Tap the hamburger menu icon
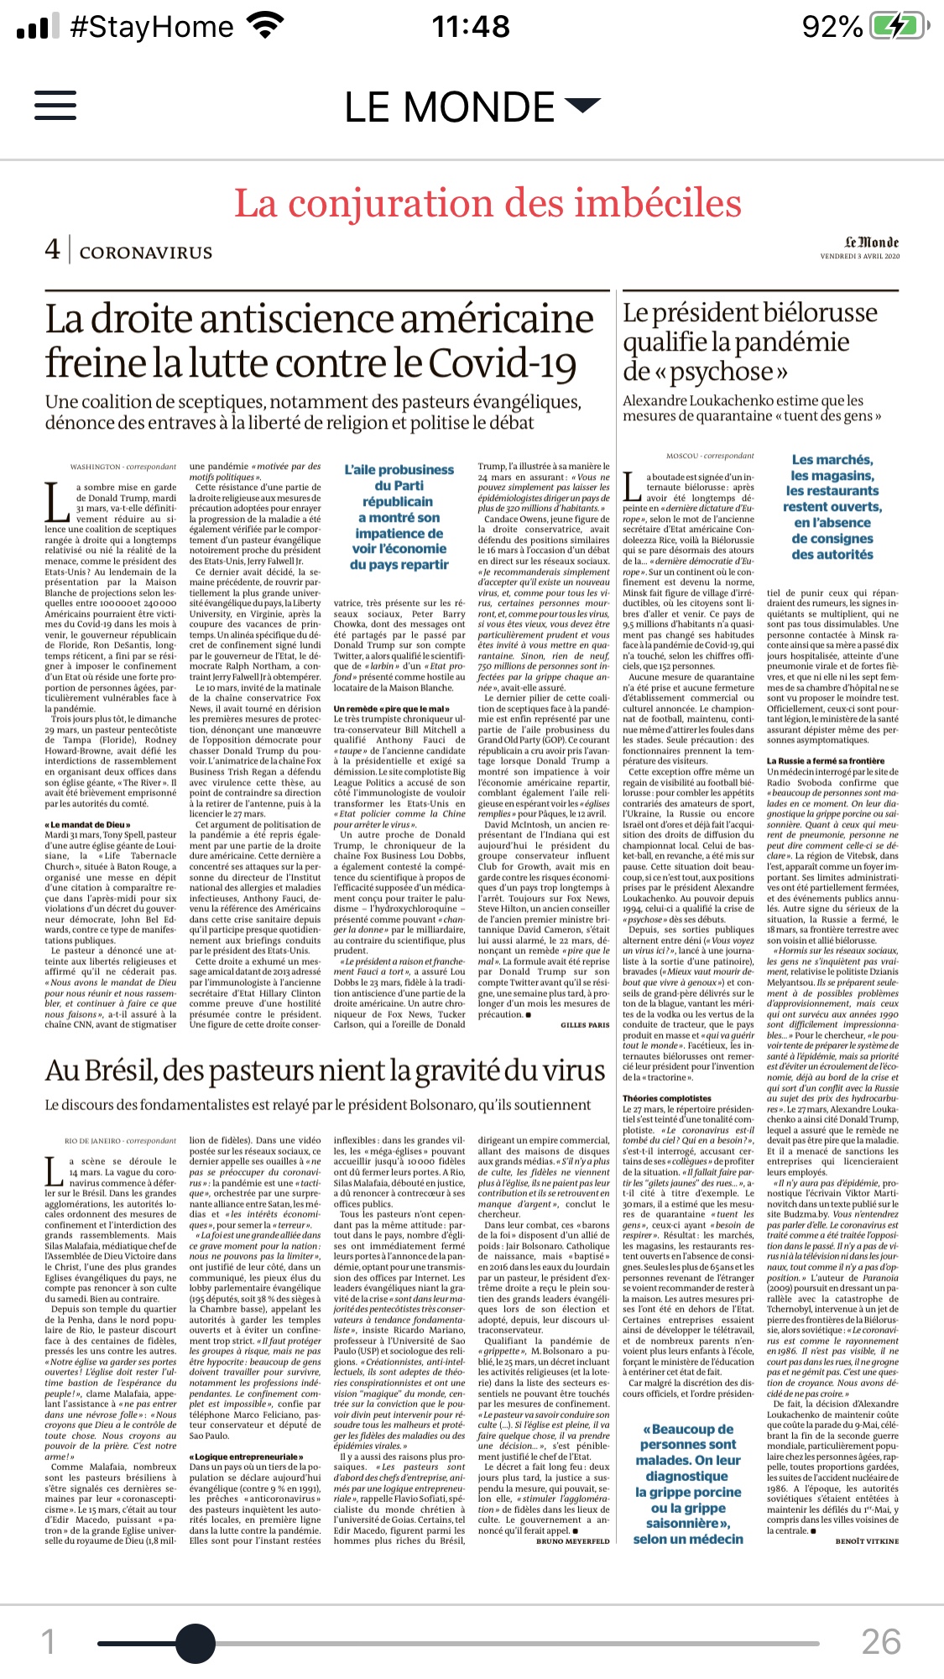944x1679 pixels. [55, 106]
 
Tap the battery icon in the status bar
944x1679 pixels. [899, 27]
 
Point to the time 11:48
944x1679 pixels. [471, 27]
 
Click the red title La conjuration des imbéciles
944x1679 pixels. [488, 204]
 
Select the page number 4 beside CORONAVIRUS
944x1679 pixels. [53, 249]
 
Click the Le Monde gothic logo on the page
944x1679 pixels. [871, 242]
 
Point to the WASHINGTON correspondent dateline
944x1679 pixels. [123, 467]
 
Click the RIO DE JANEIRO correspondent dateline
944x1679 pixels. [121, 1141]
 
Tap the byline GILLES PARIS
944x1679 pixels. [585, 1025]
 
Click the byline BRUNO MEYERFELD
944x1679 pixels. [573, 1541]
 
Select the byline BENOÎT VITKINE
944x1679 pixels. [866, 1541]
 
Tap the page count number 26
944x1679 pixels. [880, 1640]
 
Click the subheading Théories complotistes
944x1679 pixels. [666, 1098]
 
